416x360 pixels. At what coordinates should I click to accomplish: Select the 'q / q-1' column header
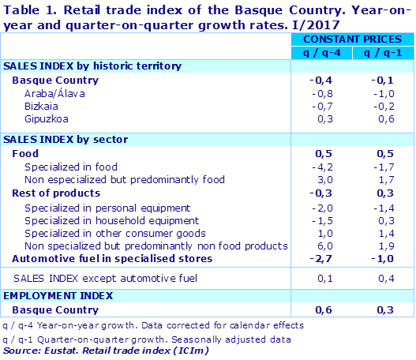[x=380, y=52]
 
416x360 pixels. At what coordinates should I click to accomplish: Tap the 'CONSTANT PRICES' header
[x=351, y=39]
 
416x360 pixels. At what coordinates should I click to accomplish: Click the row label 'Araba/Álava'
[x=55, y=94]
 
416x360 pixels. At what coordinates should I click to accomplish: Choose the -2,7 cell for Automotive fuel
[x=322, y=258]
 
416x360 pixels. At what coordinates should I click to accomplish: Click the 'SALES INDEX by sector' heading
[x=66, y=140]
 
